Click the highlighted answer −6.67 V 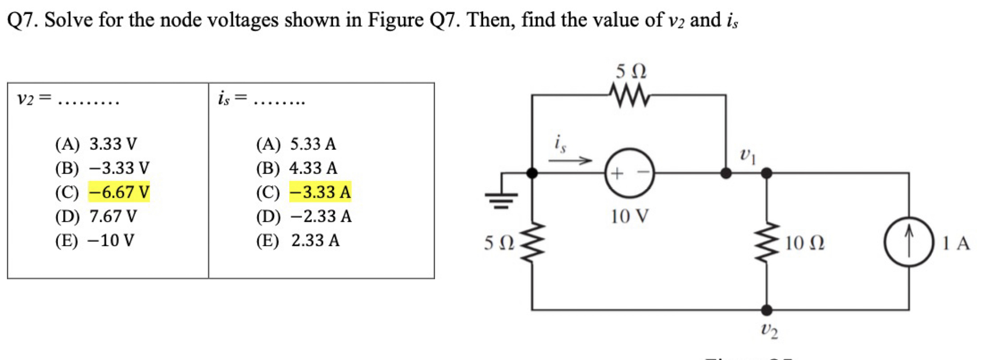pyautogui.click(x=119, y=192)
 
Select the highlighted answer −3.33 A pyautogui.click(x=320, y=192)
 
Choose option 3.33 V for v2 pyautogui.click(x=113, y=144)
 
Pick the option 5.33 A pyautogui.click(x=313, y=144)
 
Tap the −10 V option pyautogui.click(x=111, y=241)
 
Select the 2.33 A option pyautogui.click(x=315, y=241)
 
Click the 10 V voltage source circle pyautogui.click(x=629, y=173)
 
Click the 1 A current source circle pyautogui.click(x=909, y=242)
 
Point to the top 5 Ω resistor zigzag pyautogui.click(x=629, y=95)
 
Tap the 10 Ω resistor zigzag pyautogui.click(x=767, y=243)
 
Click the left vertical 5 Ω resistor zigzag pyautogui.click(x=532, y=243)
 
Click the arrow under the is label pyautogui.click(x=570, y=161)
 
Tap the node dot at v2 pyautogui.click(x=767, y=310)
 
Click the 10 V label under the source pyautogui.click(x=629, y=216)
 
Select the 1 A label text pyautogui.click(x=955, y=243)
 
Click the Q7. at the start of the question pyautogui.click(x=23, y=20)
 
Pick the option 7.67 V pyautogui.click(x=113, y=216)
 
